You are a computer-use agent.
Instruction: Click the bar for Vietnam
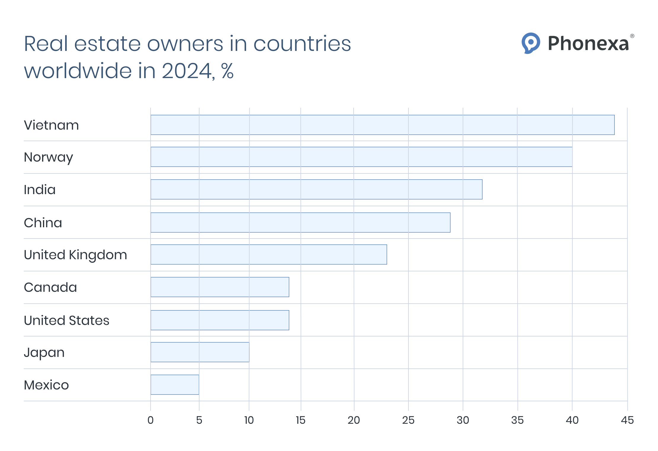(382, 125)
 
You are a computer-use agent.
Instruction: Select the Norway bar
(361, 157)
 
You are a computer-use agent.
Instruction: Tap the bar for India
(316, 189)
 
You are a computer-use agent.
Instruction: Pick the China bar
(300, 223)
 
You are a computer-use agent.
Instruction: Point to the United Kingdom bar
(269, 255)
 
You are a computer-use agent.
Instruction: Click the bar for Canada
(220, 287)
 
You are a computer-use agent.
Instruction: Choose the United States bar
(220, 320)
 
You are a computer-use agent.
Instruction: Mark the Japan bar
(200, 352)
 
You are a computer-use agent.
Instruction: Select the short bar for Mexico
(175, 385)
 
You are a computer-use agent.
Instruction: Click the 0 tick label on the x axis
(151, 420)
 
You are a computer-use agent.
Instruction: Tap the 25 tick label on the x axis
(408, 420)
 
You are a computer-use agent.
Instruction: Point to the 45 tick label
(627, 420)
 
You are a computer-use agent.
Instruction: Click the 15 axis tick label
(301, 420)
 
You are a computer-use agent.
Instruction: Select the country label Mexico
(46, 385)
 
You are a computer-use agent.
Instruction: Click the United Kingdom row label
(75, 255)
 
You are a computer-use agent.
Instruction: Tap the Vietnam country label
(51, 125)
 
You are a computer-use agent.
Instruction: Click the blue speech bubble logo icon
(531, 43)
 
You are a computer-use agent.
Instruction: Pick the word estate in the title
(107, 44)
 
